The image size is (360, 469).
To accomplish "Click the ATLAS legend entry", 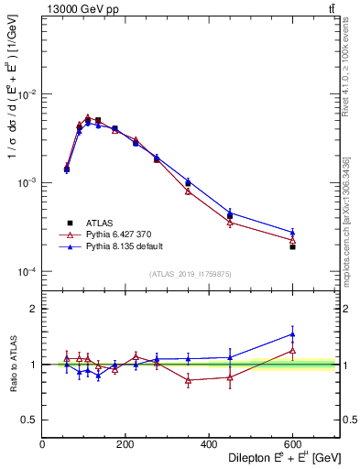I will click(x=97, y=222).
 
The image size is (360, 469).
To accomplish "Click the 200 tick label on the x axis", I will click(x=126, y=444).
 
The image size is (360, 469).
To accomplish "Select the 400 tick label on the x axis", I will click(x=209, y=444).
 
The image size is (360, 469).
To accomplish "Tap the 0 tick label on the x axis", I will click(x=43, y=444).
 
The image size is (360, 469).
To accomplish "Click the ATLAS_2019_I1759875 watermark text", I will click(x=191, y=274).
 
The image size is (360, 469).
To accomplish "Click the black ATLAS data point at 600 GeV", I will click(x=292, y=246).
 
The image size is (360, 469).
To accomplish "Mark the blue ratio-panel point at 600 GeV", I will click(x=292, y=334).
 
